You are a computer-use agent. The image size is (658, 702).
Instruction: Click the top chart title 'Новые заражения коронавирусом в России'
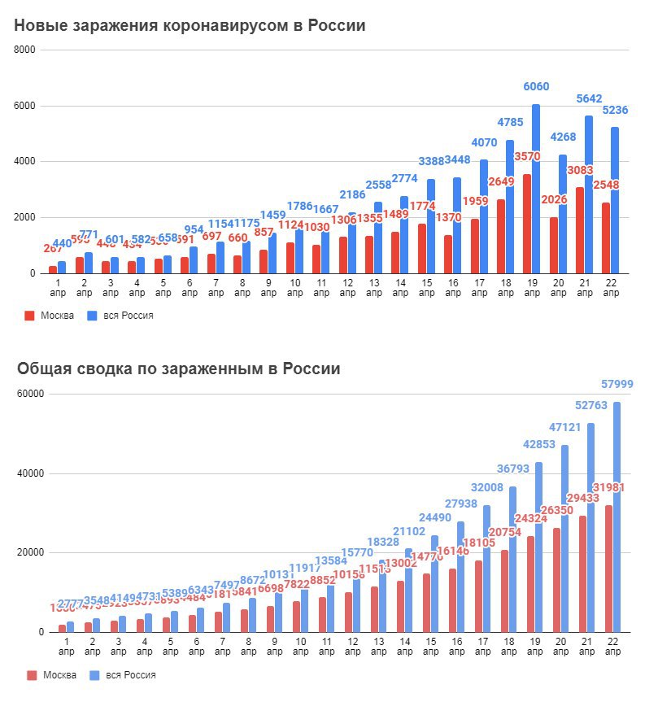click(x=190, y=26)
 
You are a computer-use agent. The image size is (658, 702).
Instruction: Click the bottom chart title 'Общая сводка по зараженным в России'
click(x=178, y=368)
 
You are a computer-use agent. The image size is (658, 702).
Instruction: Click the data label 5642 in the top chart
click(x=589, y=98)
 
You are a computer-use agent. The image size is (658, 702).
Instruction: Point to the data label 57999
click(x=614, y=383)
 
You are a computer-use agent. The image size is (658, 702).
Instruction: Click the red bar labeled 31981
click(x=608, y=569)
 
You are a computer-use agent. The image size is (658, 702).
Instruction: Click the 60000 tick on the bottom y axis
click(x=30, y=395)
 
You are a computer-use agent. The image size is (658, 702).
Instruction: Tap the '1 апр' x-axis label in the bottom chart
click(x=67, y=648)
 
